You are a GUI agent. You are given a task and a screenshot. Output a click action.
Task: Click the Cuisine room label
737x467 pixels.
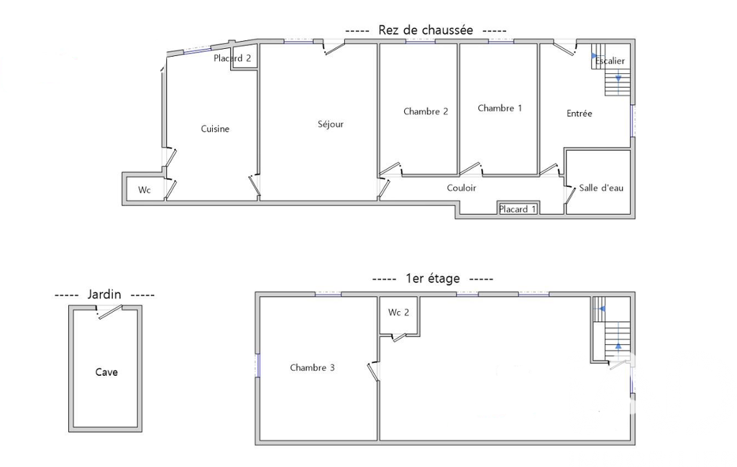point(215,129)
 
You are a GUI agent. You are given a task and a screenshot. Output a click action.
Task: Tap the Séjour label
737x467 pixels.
point(331,124)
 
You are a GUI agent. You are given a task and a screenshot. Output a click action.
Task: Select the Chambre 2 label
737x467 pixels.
point(426,111)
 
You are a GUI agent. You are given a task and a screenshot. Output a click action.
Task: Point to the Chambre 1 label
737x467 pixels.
point(500,108)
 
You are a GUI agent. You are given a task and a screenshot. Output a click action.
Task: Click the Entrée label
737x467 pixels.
point(579,114)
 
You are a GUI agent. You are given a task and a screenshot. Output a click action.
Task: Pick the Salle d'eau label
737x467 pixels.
point(601,188)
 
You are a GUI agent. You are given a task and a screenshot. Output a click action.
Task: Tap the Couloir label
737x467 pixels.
point(461,188)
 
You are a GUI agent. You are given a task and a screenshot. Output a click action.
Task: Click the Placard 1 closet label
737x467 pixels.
point(518,209)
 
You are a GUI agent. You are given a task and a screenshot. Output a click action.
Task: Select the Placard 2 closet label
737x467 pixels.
point(232,58)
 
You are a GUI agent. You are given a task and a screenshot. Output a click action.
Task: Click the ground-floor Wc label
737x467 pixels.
point(145,190)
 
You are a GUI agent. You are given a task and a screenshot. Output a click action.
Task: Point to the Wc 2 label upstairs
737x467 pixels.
point(398,312)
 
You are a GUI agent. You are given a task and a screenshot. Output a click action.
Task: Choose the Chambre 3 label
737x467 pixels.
point(312,367)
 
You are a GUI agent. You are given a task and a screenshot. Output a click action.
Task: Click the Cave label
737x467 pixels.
point(106,372)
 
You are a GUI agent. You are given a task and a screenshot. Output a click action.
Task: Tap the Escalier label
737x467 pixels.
point(610,60)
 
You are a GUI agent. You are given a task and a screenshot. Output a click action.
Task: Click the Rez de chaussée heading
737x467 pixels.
point(426,30)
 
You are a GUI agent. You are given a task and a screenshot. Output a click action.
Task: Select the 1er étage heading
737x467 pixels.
point(432,278)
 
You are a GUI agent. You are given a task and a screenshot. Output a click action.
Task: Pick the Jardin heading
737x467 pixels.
point(104,295)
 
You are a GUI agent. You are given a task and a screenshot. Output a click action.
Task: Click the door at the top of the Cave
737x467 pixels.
point(110,312)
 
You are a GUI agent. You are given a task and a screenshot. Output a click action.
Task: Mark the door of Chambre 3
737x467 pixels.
point(374,371)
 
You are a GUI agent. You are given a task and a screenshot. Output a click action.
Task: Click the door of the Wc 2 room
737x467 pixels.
point(400,337)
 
